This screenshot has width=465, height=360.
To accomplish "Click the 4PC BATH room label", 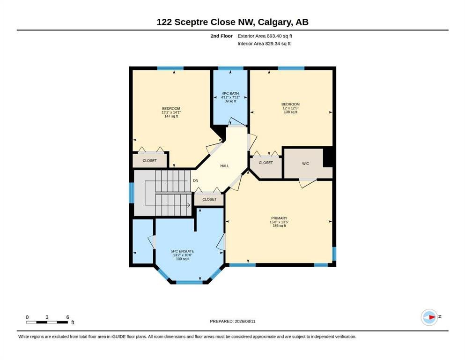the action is (230, 93).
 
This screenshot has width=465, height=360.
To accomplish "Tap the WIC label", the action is (305, 164).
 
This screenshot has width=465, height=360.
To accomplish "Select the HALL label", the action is (224, 166).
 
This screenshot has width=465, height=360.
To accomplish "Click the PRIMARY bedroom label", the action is (279, 218).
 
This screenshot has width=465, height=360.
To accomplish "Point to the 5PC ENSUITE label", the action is (183, 251).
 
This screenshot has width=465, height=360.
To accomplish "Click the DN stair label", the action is (196, 180).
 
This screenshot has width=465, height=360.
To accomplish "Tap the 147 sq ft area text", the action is (171, 116).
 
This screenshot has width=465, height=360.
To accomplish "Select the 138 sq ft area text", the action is (291, 112).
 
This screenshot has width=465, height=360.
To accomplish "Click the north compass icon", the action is (429, 317).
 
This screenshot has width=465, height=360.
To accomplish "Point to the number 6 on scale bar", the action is (67, 317).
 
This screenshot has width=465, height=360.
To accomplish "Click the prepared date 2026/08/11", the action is (245, 321).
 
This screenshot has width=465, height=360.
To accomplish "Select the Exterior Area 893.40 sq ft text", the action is (265, 36).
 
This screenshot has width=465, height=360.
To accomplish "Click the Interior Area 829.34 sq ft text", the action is (264, 44).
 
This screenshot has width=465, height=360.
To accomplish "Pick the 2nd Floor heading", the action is (221, 36).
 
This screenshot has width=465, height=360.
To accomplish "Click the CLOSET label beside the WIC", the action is (266, 163).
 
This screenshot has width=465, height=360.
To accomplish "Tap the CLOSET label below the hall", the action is (209, 199).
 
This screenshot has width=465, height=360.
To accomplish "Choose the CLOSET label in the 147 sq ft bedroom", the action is (149, 161).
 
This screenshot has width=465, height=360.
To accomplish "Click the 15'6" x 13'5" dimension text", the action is (279, 222).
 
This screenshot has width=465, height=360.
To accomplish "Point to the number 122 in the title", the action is (164, 22).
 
